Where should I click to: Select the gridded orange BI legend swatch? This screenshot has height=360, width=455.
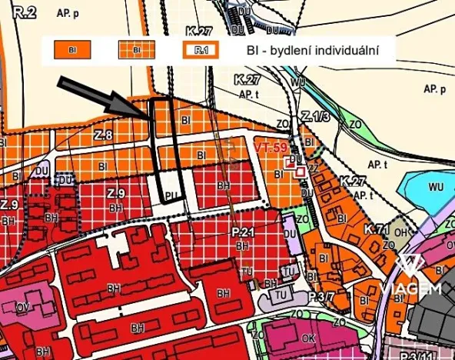(135, 52)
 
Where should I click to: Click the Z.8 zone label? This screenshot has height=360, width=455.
(105, 135)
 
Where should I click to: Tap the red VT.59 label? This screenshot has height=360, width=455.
(270, 147)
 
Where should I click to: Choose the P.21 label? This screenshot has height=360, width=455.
(242, 233)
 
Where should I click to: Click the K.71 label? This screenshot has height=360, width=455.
(375, 228)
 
